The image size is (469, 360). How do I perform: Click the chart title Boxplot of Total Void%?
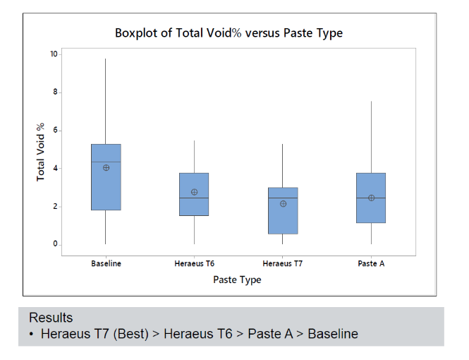tap(229, 33)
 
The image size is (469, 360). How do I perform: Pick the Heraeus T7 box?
tap(282, 219)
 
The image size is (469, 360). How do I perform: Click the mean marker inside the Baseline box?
tap(106, 168)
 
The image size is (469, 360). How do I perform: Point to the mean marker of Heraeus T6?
tap(194, 192)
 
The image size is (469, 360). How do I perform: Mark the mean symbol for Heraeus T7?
tap(282, 204)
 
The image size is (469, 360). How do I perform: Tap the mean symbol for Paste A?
tap(370, 198)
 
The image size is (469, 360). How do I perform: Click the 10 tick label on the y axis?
tap(54, 54)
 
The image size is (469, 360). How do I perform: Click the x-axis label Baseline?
tap(106, 264)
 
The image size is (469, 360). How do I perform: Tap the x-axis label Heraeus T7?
tap(282, 264)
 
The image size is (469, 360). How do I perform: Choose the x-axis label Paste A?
tap(370, 264)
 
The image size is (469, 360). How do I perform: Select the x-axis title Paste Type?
tap(237, 280)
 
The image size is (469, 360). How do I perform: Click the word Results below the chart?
tap(51, 318)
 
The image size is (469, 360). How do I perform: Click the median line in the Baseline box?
tap(106, 162)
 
